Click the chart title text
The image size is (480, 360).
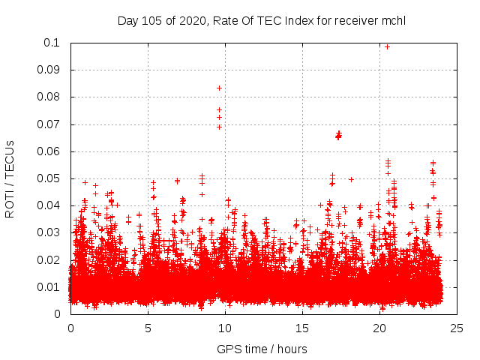pyautogui.click(x=262, y=20)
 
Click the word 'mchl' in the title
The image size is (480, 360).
pyautogui.click(x=394, y=20)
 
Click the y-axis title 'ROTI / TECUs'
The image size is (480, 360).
pyautogui.click(x=10, y=178)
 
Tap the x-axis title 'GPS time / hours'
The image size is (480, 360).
pyautogui.click(x=262, y=349)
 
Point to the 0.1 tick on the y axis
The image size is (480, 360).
pyautogui.click(x=55, y=43)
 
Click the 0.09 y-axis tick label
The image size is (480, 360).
pyautogui.click(x=51, y=70)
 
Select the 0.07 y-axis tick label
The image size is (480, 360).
pyautogui.click(x=51, y=124)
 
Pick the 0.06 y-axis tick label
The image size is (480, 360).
pyautogui.click(x=51, y=151)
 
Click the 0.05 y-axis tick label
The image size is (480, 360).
pyautogui.click(x=51, y=178)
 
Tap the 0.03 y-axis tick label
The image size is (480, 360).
pyautogui.click(x=51, y=232)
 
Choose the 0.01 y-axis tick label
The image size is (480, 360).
pyautogui.click(x=51, y=286)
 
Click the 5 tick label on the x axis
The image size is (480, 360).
pyautogui.click(x=148, y=328)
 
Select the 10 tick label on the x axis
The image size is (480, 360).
pyautogui.click(x=225, y=328)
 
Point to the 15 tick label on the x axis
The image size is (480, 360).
pyautogui.click(x=302, y=328)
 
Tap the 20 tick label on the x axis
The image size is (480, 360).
pyautogui.click(x=379, y=328)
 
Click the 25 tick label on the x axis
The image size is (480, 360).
pyautogui.click(x=457, y=328)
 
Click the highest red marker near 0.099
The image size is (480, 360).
pyautogui.click(x=387, y=46)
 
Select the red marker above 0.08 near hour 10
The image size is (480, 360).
pyautogui.click(x=219, y=88)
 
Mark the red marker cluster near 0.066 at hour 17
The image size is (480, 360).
pyautogui.click(x=338, y=135)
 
